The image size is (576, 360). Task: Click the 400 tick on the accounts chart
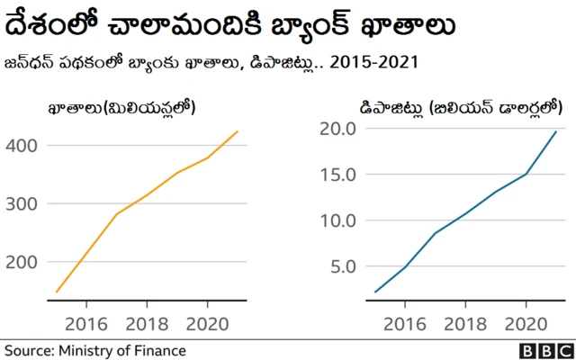tap(22, 145)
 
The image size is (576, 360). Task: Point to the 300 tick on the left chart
tap(22, 203)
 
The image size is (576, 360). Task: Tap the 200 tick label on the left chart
tap(22, 262)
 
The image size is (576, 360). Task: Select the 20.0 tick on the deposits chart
tap(338, 129)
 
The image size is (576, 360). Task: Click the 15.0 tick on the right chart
tap(338, 174)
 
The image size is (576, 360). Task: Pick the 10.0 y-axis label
tap(338, 220)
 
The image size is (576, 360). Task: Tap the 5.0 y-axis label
tap(343, 265)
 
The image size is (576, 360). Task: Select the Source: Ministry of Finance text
tap(94, 350)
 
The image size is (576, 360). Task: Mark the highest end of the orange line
tap(238, 131)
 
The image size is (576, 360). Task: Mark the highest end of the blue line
tap(556, 131)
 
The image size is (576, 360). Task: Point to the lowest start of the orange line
tap(57, 292)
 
